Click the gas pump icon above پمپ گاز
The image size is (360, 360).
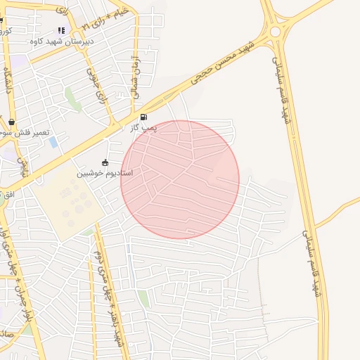coord(144,117)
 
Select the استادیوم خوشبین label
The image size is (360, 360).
coord(105,172)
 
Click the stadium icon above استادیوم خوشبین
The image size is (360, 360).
coord(105,163)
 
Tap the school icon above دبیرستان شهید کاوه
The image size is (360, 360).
coord(61,31)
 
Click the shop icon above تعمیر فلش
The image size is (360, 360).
coord(12,122)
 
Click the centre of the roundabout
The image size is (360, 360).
coord(275,32)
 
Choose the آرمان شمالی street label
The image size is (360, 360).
coord(136,75)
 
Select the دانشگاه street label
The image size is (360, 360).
coord(9,82)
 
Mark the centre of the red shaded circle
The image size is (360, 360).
coord(180,180)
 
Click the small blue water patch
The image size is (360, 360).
coord(53,142)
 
